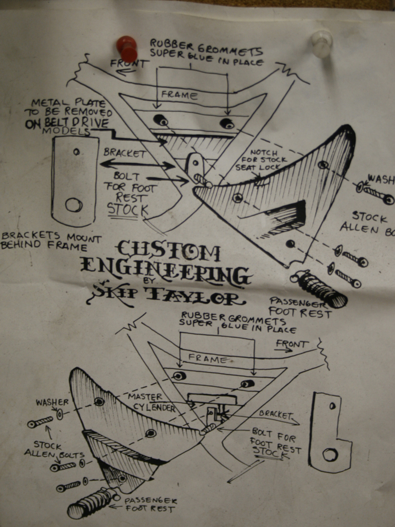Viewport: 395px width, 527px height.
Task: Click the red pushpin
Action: pyautogui.click(x=127, y=48)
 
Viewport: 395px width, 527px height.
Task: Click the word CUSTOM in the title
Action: pyautogui.click(x=169, y=252)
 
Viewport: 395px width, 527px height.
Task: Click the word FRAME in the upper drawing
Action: pyautogui.click(x=179, y=95)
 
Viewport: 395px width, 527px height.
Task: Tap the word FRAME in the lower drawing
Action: pyautogui.click(x=207, y=358)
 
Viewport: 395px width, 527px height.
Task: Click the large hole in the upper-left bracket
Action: pyautogui.click(x=74, y=204)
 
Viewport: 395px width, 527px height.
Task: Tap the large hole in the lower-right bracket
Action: pyautogui.click(x=330, y=454)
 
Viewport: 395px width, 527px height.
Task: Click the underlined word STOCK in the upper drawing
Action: pyautogui.click(x=127, y=209)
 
